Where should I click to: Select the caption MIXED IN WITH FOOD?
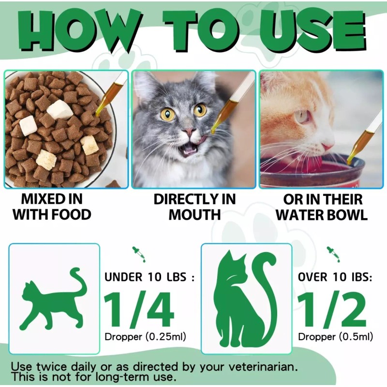(x=52, y=207)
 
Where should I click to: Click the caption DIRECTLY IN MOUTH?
(x=194, y=207)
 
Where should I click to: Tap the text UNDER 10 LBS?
(x=149, y=277)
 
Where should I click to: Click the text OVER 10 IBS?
(x=335, y=277)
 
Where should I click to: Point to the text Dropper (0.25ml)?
(x=145, y=337)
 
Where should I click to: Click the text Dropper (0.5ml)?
(x=335, y=337)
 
